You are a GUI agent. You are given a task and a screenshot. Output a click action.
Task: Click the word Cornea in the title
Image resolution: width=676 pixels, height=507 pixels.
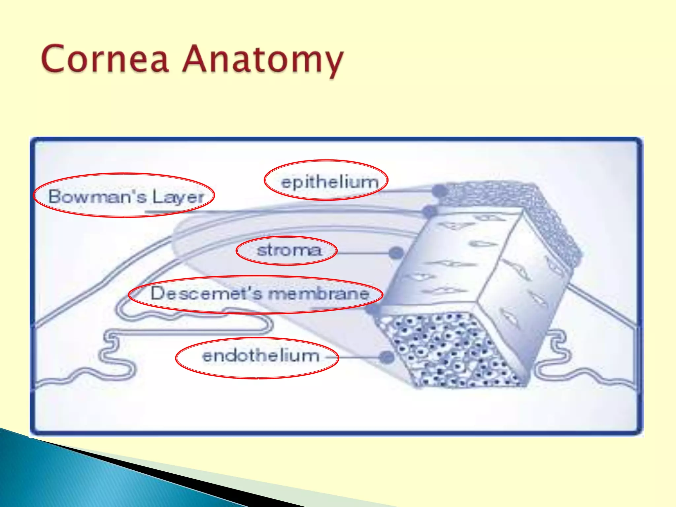coord(105,59)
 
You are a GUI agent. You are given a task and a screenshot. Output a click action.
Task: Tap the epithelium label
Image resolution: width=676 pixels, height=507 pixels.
coord(329,182)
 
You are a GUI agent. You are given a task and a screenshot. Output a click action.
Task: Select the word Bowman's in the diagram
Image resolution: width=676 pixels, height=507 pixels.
coord(97,196)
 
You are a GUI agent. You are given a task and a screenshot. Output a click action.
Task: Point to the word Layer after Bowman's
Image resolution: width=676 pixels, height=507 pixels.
coord(178,197)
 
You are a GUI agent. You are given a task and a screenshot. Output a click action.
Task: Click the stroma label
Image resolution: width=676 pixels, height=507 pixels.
coord(289,250)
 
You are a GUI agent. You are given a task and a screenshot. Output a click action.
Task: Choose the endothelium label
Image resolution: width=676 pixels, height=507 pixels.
coord(261,356)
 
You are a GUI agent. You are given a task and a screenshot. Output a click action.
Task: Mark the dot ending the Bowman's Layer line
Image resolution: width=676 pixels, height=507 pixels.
coord(429,211)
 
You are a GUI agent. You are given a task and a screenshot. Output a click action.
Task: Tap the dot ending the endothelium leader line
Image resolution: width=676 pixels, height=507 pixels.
coord(387,357)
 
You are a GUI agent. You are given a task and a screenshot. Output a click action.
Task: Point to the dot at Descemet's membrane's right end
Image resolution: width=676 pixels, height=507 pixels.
coord(372,309)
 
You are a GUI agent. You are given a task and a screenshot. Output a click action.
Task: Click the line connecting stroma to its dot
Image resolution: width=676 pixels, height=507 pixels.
coord(363,253)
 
